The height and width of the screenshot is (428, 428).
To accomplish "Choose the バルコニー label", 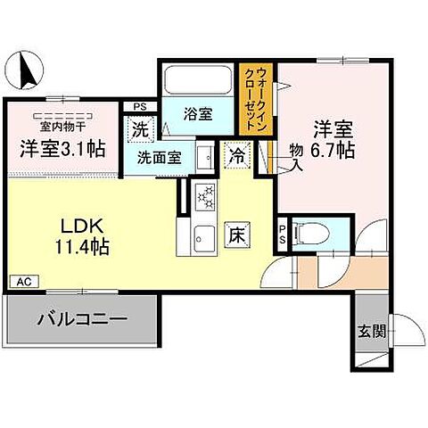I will [83, 317].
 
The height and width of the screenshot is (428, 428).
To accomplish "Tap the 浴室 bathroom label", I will [198, 114].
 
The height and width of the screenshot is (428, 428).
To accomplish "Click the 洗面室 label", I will [159, 158].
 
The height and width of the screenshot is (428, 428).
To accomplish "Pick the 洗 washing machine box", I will [142, 128].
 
